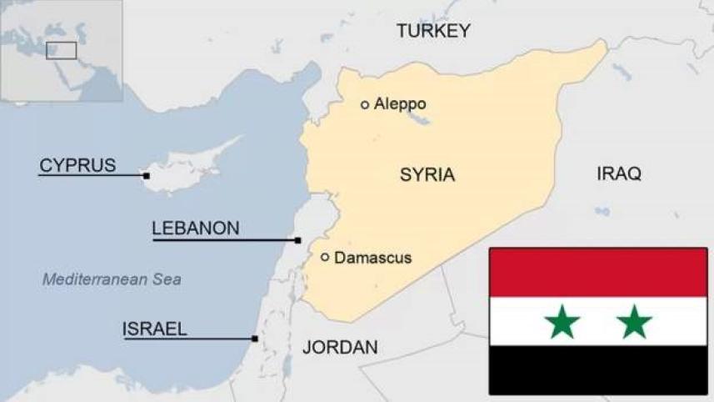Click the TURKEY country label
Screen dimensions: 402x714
pyautogui.click(x=433, y=31)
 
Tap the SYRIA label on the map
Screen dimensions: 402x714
pyautogui.click(x=427, y=175)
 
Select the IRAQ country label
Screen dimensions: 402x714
pyautogui.click(x=619, y=173)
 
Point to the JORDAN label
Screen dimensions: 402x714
pyautogui.click(x=340, y=347)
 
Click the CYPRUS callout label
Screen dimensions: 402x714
pyautogui.click(x=77, y=165)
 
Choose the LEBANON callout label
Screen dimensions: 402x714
pyautogui.click(x=196, y=228)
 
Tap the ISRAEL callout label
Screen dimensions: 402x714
pyautogui.click(x=155, y=329)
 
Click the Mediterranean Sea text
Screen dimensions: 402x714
pyautogui.click(x=112, y=279)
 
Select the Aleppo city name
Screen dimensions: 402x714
pyautogui.click(x=400, y=104)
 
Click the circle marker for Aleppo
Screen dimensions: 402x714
pyautogui.click(x=365, y=104)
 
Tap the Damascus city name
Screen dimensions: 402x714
pyautogui.click(x=372, y=258)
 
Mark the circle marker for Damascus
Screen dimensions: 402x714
pyautogui.click(x=325, y=257)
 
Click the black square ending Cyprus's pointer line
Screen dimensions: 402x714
pyautogui.click(x=147, y=176)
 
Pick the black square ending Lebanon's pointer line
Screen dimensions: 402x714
pyautogui.click(x=298, y=240)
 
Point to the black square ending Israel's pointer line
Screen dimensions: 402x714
pyautogui.click(x=255, y=339)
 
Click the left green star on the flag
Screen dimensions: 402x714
pyautogui.click(x=562, y=321)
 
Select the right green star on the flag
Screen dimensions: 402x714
pyautogui.click(x=635, y=321)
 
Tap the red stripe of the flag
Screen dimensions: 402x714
pyautogui.click(x=598, y=273)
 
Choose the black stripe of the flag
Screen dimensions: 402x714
pyautogui.click(x=598, y=369)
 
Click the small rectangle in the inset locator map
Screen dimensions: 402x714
pyautogui.click(x=61, y=50)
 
